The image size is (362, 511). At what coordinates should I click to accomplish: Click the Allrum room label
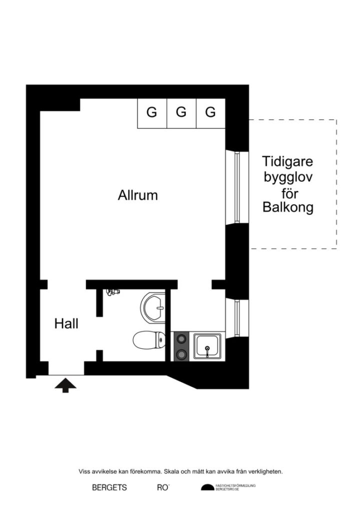point(137,195)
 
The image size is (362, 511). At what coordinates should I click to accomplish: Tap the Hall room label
point(66,324)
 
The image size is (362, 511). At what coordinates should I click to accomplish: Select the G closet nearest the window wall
point(210,113)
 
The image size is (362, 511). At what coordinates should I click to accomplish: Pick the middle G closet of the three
point(181,113)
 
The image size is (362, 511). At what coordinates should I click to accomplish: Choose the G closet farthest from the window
point(151,113)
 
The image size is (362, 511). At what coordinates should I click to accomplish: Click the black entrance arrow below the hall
point(65,385)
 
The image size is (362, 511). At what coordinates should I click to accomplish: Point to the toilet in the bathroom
point(149,341)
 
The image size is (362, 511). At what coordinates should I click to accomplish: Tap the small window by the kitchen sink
point(237,318)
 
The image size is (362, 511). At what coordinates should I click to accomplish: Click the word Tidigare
point(287,162)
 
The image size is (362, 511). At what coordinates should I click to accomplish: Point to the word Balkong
point(287,208)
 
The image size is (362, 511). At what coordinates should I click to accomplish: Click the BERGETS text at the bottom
point(109,488)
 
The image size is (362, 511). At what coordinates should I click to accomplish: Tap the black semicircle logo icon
point(207,488)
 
